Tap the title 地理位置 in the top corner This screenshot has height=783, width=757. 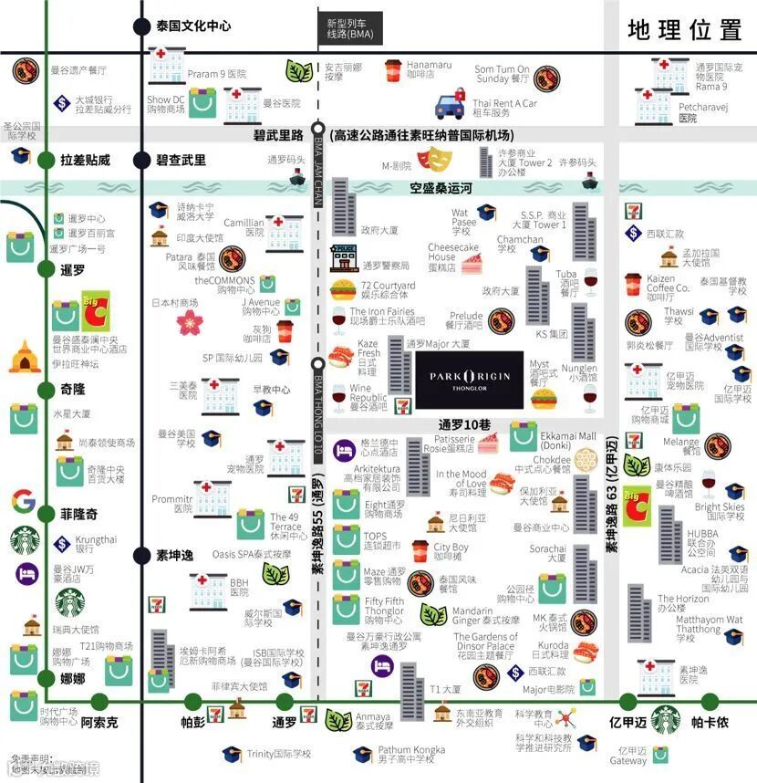tap(684, 29)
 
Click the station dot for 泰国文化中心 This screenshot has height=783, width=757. tap(141, 26)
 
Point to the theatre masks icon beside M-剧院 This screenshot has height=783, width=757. tap(437, 162)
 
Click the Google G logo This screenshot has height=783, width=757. tap(24, 501)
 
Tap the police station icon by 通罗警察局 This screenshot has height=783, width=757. tap(343, 258)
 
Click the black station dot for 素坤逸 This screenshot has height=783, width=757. tap(141, 555)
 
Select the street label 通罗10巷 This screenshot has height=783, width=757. tap(465, 424)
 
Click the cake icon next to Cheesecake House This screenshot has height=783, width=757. tap(471, 265)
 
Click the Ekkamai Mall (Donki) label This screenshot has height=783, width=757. tap(568, 442)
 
